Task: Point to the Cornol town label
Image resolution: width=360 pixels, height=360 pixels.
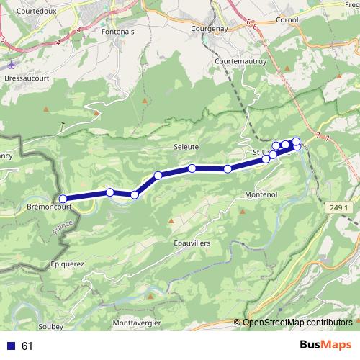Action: pyautogui.click(x=287, y=20)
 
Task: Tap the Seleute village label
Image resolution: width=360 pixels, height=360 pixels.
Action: pyautogui.click(x=186, y=146)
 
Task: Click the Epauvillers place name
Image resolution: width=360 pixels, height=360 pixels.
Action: pyautogui.click(x=192, y=243)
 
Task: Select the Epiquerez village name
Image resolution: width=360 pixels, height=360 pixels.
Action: pyautogui.click(x=68, y=264)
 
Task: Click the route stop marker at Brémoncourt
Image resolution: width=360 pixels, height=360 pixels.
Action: pyautogui.click(x=63, y=199)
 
